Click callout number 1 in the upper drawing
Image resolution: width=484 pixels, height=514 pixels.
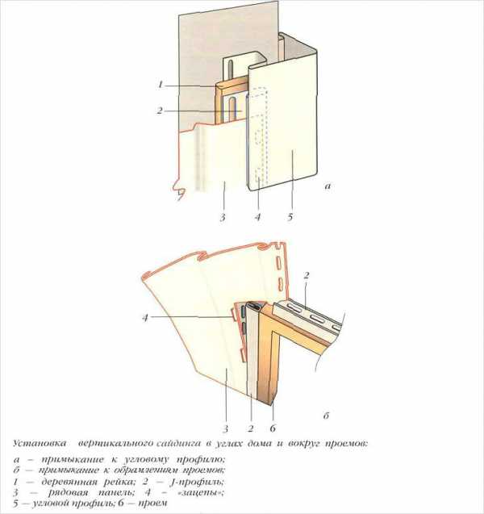tap(161, 85)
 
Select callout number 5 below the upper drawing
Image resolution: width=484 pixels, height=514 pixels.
tap(290, 217)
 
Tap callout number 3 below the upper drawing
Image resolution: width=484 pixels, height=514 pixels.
tap(223, 217)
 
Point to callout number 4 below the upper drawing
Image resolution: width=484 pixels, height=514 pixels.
tap(258, 217)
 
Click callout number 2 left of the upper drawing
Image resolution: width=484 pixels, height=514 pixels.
tap(160, 111)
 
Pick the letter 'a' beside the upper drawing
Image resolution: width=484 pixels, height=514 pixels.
tap(328, 186)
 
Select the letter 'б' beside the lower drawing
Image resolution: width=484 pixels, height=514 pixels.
tap(326, 416)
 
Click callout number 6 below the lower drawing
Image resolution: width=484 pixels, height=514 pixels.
tap(273, 428)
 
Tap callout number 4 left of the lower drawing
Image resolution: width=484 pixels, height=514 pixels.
tap(145, 318)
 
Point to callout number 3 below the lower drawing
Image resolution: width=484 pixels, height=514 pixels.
tap(225, 428)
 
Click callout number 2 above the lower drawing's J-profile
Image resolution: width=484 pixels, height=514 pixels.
tap(307, 275)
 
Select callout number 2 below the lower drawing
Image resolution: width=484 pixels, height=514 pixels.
tap(251, 428)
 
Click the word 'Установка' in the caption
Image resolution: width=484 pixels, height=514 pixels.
tap(40, 444)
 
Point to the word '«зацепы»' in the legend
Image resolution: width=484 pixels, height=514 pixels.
tap(201, 492)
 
